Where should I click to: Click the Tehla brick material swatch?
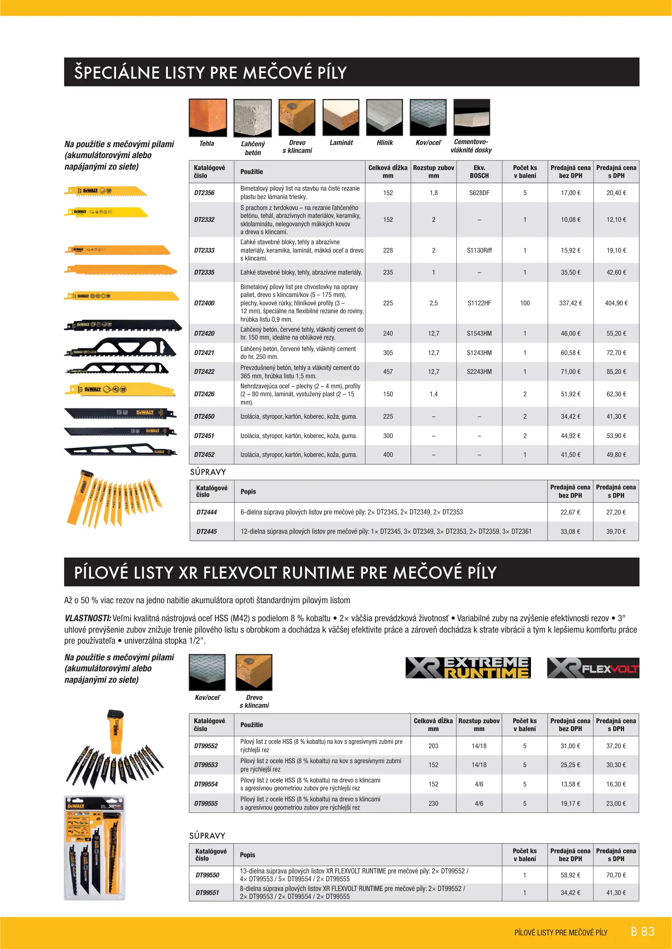[208, 117]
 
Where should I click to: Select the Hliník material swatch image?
[384, 117]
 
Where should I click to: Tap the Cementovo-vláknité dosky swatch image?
[472, 117]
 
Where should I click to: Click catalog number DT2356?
[204, 193]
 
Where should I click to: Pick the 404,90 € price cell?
[616, 303]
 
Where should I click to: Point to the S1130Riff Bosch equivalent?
[479, 250]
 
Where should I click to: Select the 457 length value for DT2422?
[388, 372]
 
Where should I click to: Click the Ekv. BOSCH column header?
[479, 172]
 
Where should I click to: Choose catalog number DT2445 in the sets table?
[207, 532]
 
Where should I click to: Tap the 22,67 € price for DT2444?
[570, 512]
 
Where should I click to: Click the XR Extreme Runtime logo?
[468, 668]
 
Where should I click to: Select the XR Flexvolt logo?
[593, 668]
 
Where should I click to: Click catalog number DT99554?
[206, 784]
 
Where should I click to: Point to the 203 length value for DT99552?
[433, 746]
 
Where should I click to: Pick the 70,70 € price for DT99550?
[616, 875]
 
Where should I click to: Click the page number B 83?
[643, 932]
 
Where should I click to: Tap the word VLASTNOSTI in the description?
[87, 618]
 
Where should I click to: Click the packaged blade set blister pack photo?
[94, 848]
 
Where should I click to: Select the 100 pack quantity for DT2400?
[525, 303]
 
